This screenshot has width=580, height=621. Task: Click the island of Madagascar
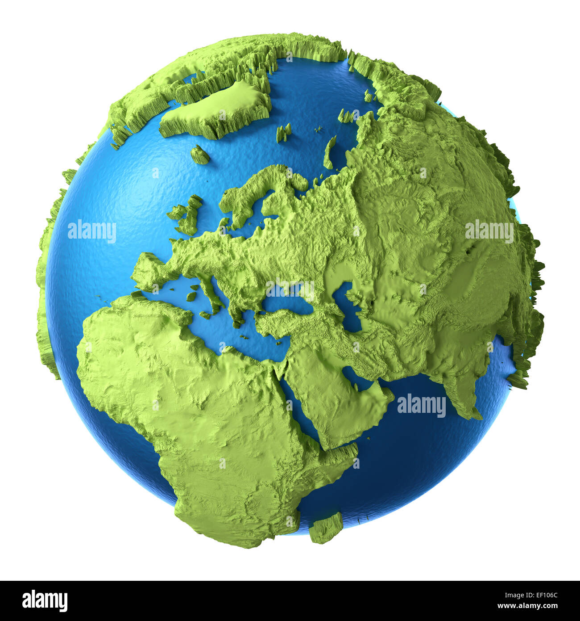click(326, 527)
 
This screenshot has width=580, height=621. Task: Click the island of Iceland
click(200, 155)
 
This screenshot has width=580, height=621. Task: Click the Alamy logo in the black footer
click(45, 601)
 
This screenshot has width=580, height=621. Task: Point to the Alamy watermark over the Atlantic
click(92, 232)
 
